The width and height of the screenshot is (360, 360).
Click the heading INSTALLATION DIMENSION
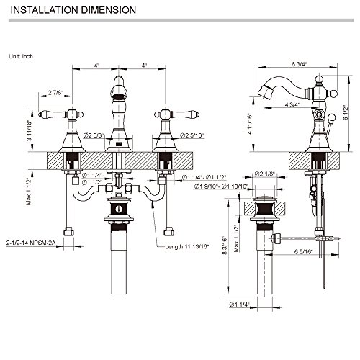(x=73, y=10)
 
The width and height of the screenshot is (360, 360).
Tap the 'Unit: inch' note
(x=21, y=56)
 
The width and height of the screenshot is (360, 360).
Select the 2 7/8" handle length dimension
(x=56, y=92)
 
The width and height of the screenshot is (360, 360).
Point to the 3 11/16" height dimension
(x=29, y=130)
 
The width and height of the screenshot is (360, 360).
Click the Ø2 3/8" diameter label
(x=94, y=135)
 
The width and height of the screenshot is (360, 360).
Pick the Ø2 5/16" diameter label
(x=192, y=135)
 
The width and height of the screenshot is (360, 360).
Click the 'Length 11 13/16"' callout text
(x=187, y=246)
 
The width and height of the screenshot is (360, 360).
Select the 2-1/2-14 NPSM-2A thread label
(x=31, y=243)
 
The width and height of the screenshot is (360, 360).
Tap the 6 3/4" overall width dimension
(x=300, y=64)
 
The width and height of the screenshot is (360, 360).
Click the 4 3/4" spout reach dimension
(x=292, y=104)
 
